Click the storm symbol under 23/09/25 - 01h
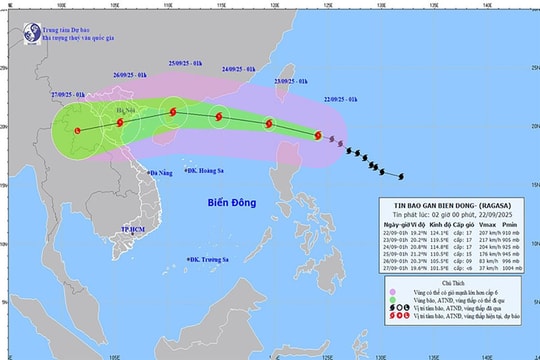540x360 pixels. coord(268,124)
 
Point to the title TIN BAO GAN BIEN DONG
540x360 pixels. coord(427,208)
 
